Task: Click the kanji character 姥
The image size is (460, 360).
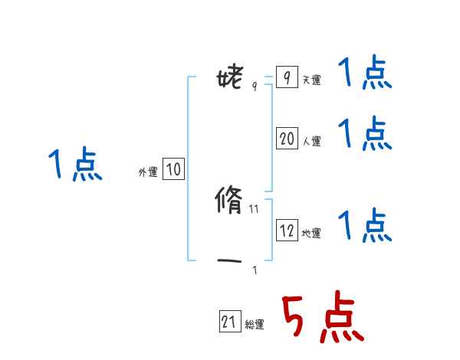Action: pos(230,77)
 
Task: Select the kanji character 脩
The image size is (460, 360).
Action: pos(229,202)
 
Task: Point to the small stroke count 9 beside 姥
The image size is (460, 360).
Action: pos(255,87)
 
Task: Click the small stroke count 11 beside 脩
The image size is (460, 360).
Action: pos(255,208)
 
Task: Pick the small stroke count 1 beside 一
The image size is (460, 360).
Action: pos(255,270)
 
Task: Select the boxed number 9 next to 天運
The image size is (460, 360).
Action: pos(286,78)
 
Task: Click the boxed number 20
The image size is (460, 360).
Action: pos(287,139)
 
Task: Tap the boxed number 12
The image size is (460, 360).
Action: pos(287,231)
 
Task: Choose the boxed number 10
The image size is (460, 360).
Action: pos(173,170)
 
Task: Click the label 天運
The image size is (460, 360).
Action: pos(311,80)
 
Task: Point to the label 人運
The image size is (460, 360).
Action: pos(311,142)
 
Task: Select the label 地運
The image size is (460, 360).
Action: pos(311,234)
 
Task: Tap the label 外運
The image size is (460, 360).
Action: pos(148,173)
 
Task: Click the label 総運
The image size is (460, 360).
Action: pos(255,326)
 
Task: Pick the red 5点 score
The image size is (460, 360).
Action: pos(321,319)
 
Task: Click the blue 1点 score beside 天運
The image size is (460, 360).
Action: pos(365,74)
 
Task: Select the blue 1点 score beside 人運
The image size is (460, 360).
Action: pos(365,134)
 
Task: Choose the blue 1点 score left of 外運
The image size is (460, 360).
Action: pos(75,165)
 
